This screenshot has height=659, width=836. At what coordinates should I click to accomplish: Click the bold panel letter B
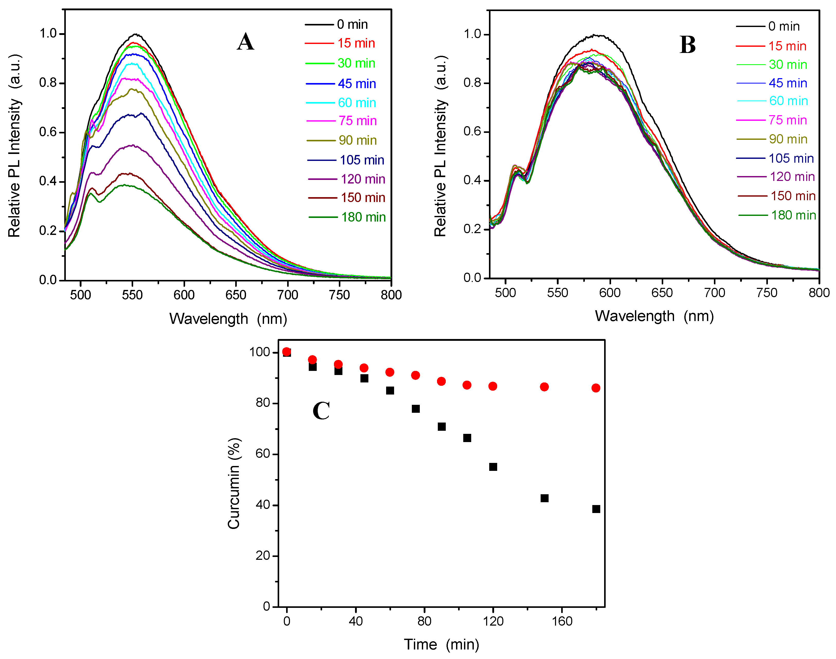click(687, 45)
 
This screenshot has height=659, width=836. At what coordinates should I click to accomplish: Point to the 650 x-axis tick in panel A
click(236, 295)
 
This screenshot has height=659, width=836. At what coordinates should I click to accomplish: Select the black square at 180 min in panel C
click(596, 509)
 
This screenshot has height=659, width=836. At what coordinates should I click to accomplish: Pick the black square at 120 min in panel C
click(493, 467)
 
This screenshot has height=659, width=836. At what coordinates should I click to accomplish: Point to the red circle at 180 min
click(596, 388)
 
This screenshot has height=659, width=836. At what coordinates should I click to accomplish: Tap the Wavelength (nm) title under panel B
click(654, 316)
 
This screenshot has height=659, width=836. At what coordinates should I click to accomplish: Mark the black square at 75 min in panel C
click(416, 409)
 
